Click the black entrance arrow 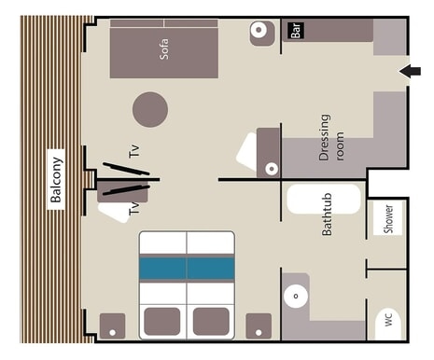(410, 72)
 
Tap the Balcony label (56, 179)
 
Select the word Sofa (164, 49)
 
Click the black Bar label (296, 31)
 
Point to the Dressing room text (331, 137)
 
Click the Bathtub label (327, 215)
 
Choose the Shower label (388, 218)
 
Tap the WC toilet (387, 324)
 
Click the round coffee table (150, 109)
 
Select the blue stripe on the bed (187, 268)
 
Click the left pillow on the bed (162, 322)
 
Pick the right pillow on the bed (211, 322)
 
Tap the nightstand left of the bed (112, 326)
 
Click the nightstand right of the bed (259, 326)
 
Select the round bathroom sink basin (296, 297)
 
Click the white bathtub (324, 200)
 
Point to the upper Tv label (134, 151)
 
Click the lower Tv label (134, 207)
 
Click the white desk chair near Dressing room (247, 152)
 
